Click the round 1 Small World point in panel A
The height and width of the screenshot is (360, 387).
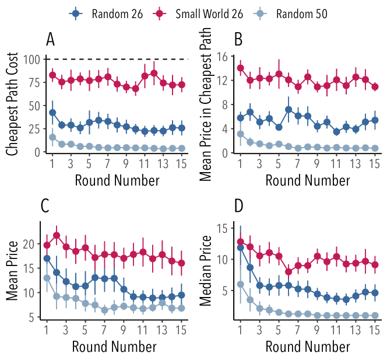[x=52, y=75]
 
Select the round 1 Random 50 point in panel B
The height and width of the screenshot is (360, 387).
[x=241, y=134]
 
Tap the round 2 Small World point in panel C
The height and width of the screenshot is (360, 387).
[x=57, y=236]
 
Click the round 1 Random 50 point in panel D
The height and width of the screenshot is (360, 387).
[x=241, y=284]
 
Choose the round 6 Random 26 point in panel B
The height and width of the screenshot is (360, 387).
[x=289, y=109]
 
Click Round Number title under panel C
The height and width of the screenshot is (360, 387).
[x=114, y=347]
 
